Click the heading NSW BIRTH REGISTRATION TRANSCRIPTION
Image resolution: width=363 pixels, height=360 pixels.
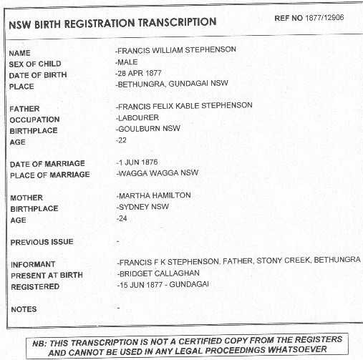pos(112,22)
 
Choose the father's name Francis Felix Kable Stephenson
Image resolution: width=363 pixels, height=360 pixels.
pos(184,106)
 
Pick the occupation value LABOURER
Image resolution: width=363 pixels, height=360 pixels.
pos(137,117)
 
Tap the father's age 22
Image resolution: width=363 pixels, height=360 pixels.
pos(121,140)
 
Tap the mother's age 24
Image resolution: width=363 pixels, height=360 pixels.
pos(121,218)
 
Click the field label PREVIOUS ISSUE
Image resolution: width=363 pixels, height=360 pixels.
pos(42,243)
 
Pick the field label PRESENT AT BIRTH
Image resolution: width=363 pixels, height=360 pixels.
pos(47,275)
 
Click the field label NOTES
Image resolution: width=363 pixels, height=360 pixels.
pos(24,310)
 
